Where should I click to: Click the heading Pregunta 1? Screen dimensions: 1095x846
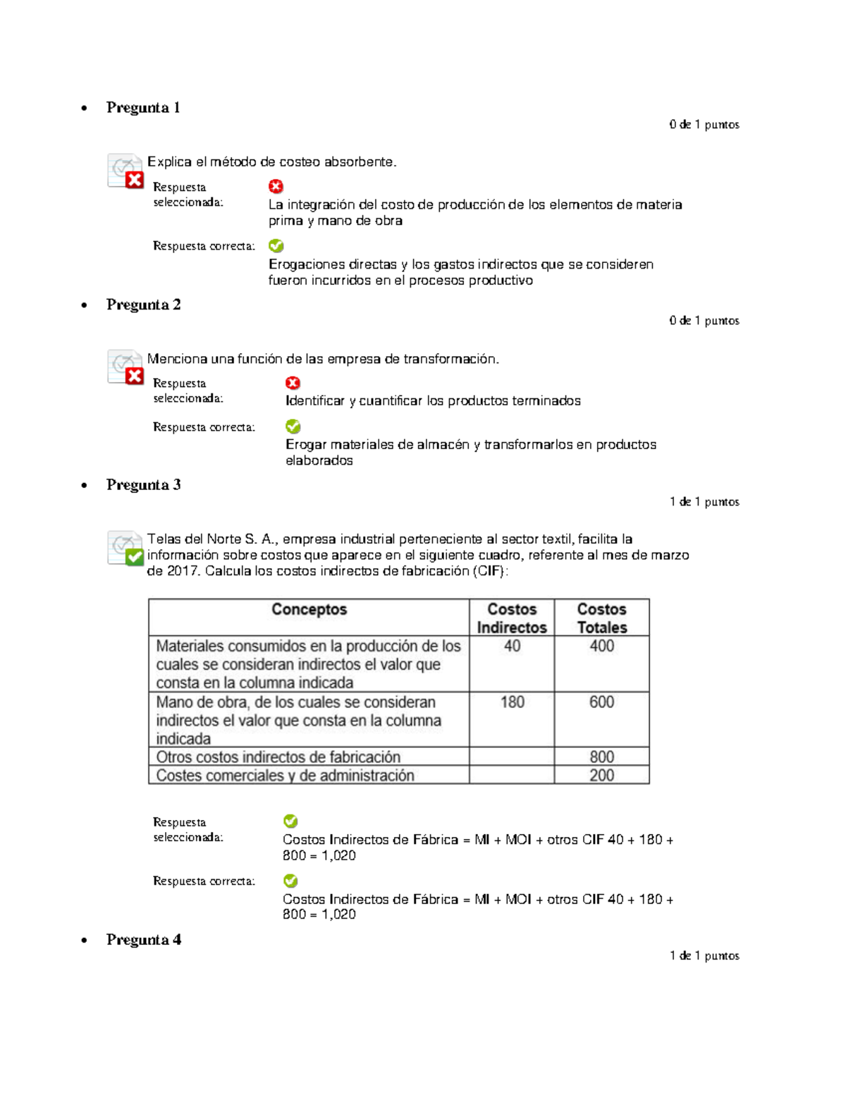[143, 108]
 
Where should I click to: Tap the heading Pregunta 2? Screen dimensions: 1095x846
[143, 305]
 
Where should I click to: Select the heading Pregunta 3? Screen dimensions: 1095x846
[143, 485]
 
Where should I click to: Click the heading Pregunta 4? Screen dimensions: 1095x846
[143, 940]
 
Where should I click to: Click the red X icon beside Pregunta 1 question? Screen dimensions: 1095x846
[135, 181]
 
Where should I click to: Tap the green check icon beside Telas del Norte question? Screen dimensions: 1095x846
[134, 558]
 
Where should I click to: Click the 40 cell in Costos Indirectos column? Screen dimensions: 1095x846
[512, 647]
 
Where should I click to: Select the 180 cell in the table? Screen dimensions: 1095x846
[512, 702]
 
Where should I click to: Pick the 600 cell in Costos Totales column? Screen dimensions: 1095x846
[601, 702]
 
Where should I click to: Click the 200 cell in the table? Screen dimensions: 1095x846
[601, 776]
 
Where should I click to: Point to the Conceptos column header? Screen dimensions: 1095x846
[309, 610]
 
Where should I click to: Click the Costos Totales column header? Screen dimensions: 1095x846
[601, 618]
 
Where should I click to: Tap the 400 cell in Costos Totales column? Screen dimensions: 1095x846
[601, 647]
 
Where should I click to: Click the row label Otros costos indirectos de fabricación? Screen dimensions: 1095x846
[278, 757]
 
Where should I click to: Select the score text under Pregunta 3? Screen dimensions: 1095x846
[704, 502]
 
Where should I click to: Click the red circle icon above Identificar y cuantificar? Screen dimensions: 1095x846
[293, 383]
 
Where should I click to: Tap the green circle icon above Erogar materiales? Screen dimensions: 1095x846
[293, 427]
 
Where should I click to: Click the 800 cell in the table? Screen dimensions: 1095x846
[601, 757]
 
